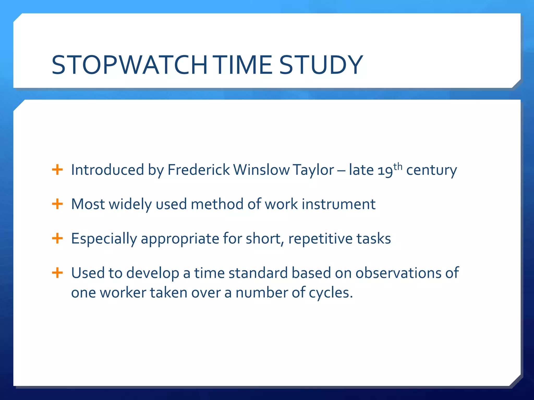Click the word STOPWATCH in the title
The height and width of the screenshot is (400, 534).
point(130,65)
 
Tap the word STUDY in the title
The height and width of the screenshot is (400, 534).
point(321,65)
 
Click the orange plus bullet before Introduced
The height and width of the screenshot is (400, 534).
point(57,170)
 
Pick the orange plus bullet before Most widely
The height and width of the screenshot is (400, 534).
point(57,204)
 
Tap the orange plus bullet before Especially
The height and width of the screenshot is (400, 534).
point(57,238)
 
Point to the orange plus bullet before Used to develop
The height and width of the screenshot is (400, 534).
point(57,273)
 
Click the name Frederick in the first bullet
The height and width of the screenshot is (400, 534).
point(198,170)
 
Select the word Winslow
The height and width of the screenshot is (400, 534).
point(262,170)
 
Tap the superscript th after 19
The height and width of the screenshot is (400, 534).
point(398,166)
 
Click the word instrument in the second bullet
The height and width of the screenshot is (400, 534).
point(338,204)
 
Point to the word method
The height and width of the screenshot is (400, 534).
point(217,204)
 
